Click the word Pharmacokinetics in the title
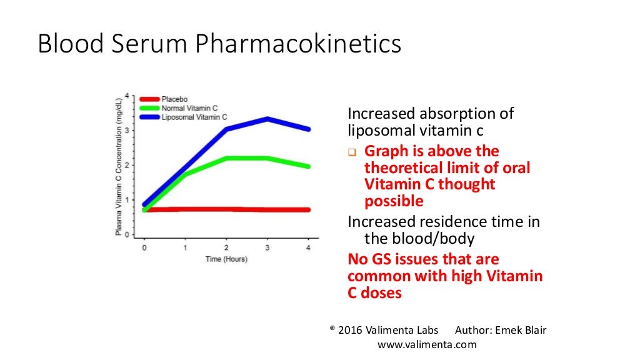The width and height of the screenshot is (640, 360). (298, 45)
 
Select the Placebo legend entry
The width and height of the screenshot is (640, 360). (174, 99)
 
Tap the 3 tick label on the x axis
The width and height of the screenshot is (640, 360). (267, 247)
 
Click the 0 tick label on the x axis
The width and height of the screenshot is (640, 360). (144, 247)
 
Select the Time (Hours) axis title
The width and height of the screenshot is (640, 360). (226, 259)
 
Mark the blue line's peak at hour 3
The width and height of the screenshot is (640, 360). (267, 119)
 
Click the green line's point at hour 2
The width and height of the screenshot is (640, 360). (226, 158)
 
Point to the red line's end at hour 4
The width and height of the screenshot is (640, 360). (308, 210)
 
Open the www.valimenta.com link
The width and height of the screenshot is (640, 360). (427, 344)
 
